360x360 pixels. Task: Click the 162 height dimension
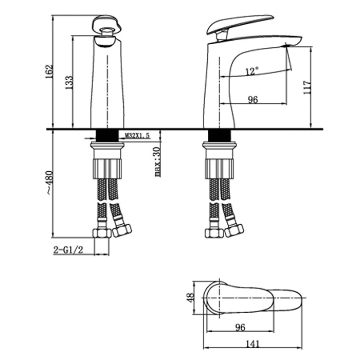(49, 71)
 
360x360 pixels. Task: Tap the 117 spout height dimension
(307, 87)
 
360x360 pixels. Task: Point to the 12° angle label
(252, 71)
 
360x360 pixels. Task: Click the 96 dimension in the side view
(253, 100)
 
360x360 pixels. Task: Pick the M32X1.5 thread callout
(137, 136)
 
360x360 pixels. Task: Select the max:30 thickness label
(157, 162)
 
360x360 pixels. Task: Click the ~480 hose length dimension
(49, 183)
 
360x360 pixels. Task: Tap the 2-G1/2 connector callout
(68, 250)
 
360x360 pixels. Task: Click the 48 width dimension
(190, 298)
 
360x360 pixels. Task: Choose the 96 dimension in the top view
(240, 328)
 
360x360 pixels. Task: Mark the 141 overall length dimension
(253, 344)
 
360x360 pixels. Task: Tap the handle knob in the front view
(107, 25)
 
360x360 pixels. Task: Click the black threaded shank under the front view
(107, 136)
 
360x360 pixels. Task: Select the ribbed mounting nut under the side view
(219, 169)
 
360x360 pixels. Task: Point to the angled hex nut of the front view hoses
(122, 230)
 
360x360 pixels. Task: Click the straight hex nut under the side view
(214, 233)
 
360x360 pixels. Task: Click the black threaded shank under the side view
(219, 136)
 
